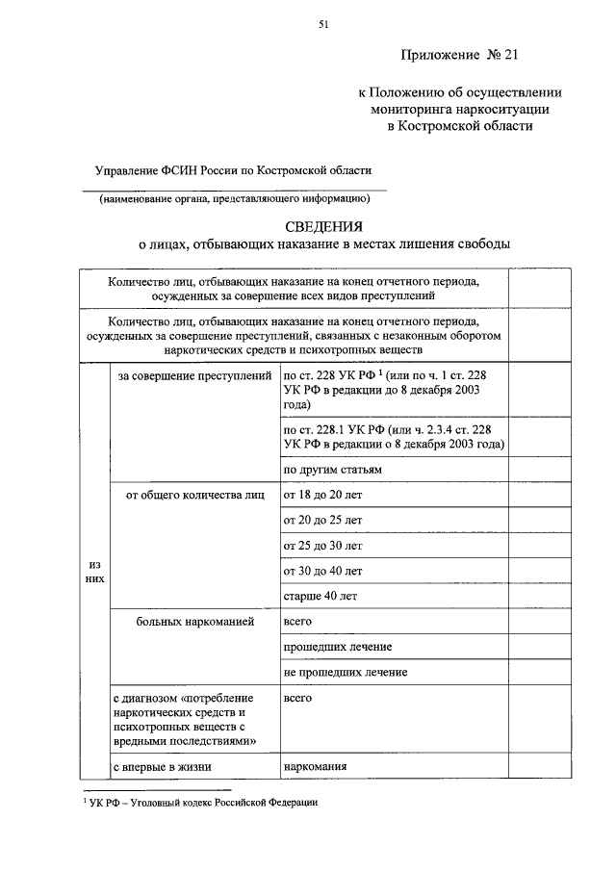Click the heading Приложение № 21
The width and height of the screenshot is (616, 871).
pos(459,56)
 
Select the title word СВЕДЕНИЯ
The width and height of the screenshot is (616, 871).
pos(323,226)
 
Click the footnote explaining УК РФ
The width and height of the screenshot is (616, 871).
pos(199,801)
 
